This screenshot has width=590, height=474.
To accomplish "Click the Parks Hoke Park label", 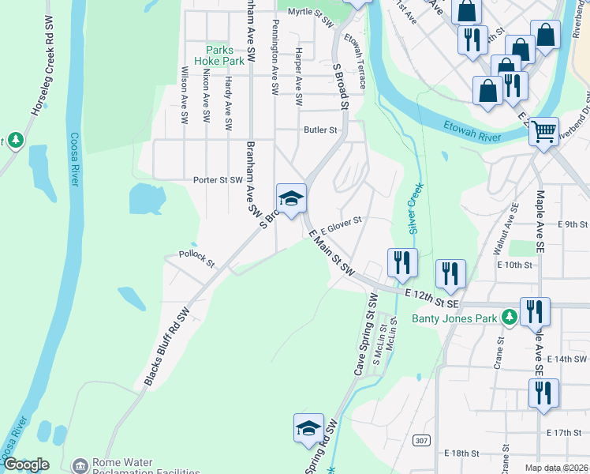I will coord(225,55).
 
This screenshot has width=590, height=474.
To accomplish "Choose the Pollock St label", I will coord(196,259).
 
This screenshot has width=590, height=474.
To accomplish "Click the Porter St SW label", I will coord(218,180).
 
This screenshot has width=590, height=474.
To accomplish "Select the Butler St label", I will coord(321,130).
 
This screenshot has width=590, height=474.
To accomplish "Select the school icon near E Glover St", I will coord(291,198).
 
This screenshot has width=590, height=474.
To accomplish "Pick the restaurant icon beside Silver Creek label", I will coord(402,263).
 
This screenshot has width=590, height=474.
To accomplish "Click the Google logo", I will coord(26,465).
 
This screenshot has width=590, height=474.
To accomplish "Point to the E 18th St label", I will coord(462,453).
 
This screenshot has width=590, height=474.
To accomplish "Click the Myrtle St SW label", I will coord(312,13).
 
